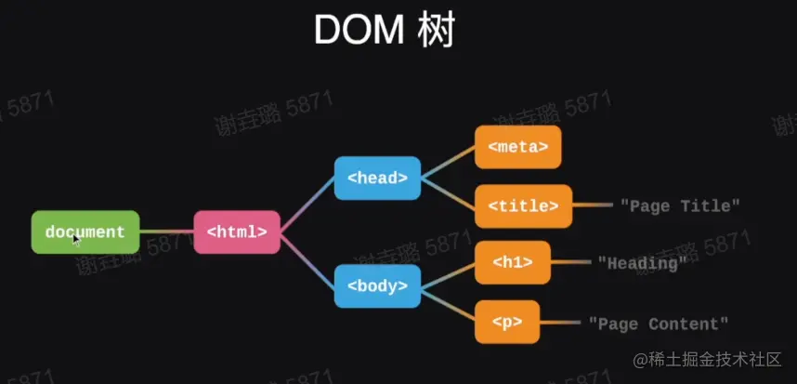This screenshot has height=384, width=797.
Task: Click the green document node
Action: [x=85, y=232]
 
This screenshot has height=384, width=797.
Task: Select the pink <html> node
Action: [x=237, y=232]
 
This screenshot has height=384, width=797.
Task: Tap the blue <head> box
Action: [x=377, y=179]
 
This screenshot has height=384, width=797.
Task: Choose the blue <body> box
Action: [x=377, y=286]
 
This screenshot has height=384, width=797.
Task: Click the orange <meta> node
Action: [x=517, y=147]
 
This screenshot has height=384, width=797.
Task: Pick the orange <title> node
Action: [x=523, y=205]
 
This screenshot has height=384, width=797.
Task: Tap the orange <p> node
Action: [x=507, y=323]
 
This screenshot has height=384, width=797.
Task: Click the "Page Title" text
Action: [x=680, y=205]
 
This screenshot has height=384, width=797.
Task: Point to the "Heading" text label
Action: [x=642, y=264]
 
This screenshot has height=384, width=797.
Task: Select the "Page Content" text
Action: [x=659, y=324]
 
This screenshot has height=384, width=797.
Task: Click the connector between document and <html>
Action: [x=166, y=232]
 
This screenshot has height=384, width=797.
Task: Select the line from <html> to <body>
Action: [x=307, y=259]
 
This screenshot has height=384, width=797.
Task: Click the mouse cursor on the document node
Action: [x=76, y=239]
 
